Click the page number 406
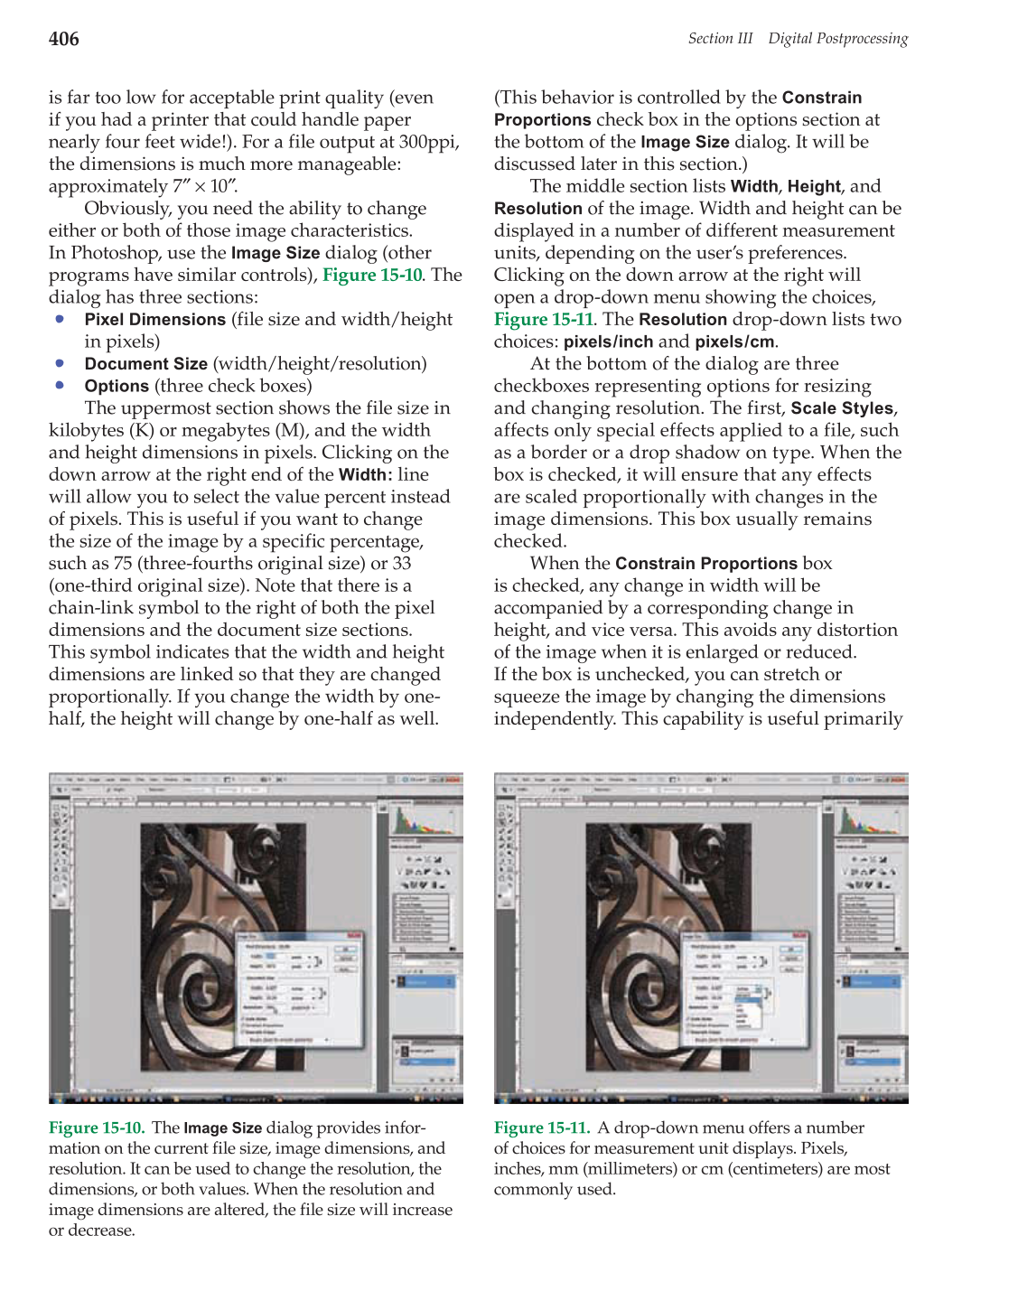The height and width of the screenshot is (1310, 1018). point(63,39)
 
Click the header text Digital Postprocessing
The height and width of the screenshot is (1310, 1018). point(837,39)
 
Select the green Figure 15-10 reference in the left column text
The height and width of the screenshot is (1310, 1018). point(371,276)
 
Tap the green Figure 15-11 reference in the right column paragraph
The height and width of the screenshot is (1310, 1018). point(543,320)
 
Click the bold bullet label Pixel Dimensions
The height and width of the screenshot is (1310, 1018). point(154,320)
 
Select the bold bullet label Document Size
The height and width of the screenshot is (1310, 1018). point(145,364)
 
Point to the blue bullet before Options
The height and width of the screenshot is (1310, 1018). point(60,385)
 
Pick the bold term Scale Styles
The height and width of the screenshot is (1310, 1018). point(841,408)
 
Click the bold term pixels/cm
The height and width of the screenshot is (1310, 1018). point(735,342)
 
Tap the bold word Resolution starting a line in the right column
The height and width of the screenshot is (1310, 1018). point(537,209)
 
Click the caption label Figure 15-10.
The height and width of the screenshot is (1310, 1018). point(96,1128)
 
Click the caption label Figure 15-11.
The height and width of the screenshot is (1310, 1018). point(541,1128)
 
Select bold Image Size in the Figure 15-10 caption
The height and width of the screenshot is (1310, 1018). point(222,1128)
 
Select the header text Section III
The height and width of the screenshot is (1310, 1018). point(720,39)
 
